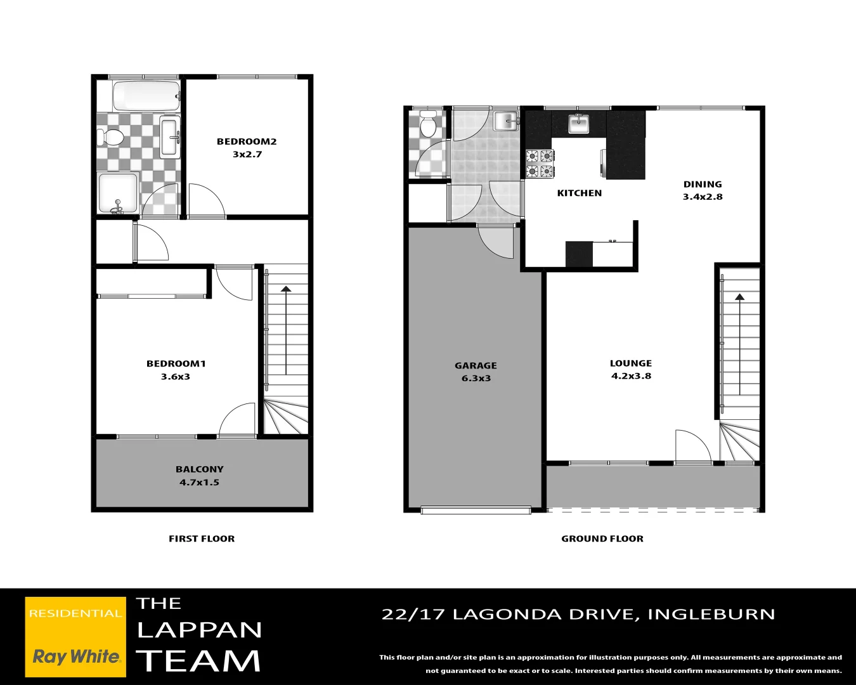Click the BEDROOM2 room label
point(247,141)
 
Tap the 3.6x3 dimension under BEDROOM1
point(176,377)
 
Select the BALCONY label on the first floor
point(200,469)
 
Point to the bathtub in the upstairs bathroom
point(145,96)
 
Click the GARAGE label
point(476,365)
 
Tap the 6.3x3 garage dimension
point(476,379)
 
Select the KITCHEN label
point(580,193)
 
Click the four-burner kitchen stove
point(540,163)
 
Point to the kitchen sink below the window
point(578,123)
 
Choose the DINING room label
point(703,184)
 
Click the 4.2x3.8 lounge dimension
point(631,376)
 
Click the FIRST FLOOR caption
point(202,538)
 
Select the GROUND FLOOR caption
point(602,538)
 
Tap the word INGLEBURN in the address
point(711,614)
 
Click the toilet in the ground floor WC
point(428,125)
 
